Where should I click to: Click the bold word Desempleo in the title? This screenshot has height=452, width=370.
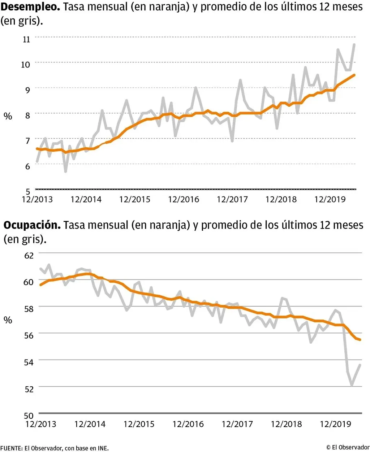pos(30,6)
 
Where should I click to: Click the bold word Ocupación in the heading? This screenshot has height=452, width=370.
pos(32,225)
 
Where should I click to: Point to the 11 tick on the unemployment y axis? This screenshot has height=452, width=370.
pos(26,39)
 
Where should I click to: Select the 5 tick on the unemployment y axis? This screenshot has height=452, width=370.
pos(28,191)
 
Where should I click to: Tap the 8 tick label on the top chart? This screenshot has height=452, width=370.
pos(27,115)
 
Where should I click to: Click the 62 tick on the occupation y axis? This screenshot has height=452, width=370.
pos(29,255)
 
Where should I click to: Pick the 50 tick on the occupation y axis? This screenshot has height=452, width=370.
pos(29,415)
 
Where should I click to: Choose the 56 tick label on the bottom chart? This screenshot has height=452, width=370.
pos(29,335)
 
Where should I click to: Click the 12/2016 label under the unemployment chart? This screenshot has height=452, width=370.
pos(183,199)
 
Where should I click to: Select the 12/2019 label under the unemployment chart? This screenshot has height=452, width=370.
pos(330,199)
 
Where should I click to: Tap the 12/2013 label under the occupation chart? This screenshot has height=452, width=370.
pos(40,424)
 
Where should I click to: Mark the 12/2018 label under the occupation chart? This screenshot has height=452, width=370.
pos(286,424)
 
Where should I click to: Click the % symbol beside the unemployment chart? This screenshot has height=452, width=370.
pos(8,116)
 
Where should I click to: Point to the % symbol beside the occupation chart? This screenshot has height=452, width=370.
pos(8,320)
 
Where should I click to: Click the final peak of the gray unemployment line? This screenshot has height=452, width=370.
pos(354,44)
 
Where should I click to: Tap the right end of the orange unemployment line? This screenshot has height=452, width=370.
pos(355,75)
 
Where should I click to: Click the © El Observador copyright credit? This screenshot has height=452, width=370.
pos(348,447)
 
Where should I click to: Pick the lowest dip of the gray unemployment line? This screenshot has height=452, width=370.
pos(65,171)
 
